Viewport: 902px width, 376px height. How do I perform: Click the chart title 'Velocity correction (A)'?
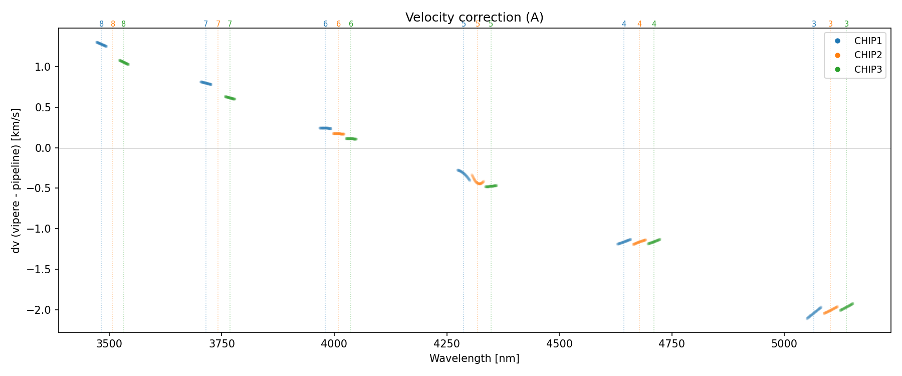474,18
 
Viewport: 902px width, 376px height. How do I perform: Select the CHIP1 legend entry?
868,41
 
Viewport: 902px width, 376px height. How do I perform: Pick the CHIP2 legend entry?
868,55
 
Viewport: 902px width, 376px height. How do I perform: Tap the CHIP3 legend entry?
868,70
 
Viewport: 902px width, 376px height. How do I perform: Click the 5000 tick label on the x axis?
784,343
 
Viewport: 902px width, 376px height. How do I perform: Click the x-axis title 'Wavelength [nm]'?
474,358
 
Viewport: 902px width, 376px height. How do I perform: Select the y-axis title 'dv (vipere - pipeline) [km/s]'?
16,180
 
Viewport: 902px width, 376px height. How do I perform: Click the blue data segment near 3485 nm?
101,44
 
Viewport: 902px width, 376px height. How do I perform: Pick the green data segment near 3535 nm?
124,62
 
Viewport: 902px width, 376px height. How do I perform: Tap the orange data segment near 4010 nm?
338,134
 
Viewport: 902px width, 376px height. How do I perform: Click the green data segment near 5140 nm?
846,307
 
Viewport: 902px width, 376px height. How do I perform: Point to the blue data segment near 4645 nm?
624,242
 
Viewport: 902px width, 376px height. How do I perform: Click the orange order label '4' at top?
639,24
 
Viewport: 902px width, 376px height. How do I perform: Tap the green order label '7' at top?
230,24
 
